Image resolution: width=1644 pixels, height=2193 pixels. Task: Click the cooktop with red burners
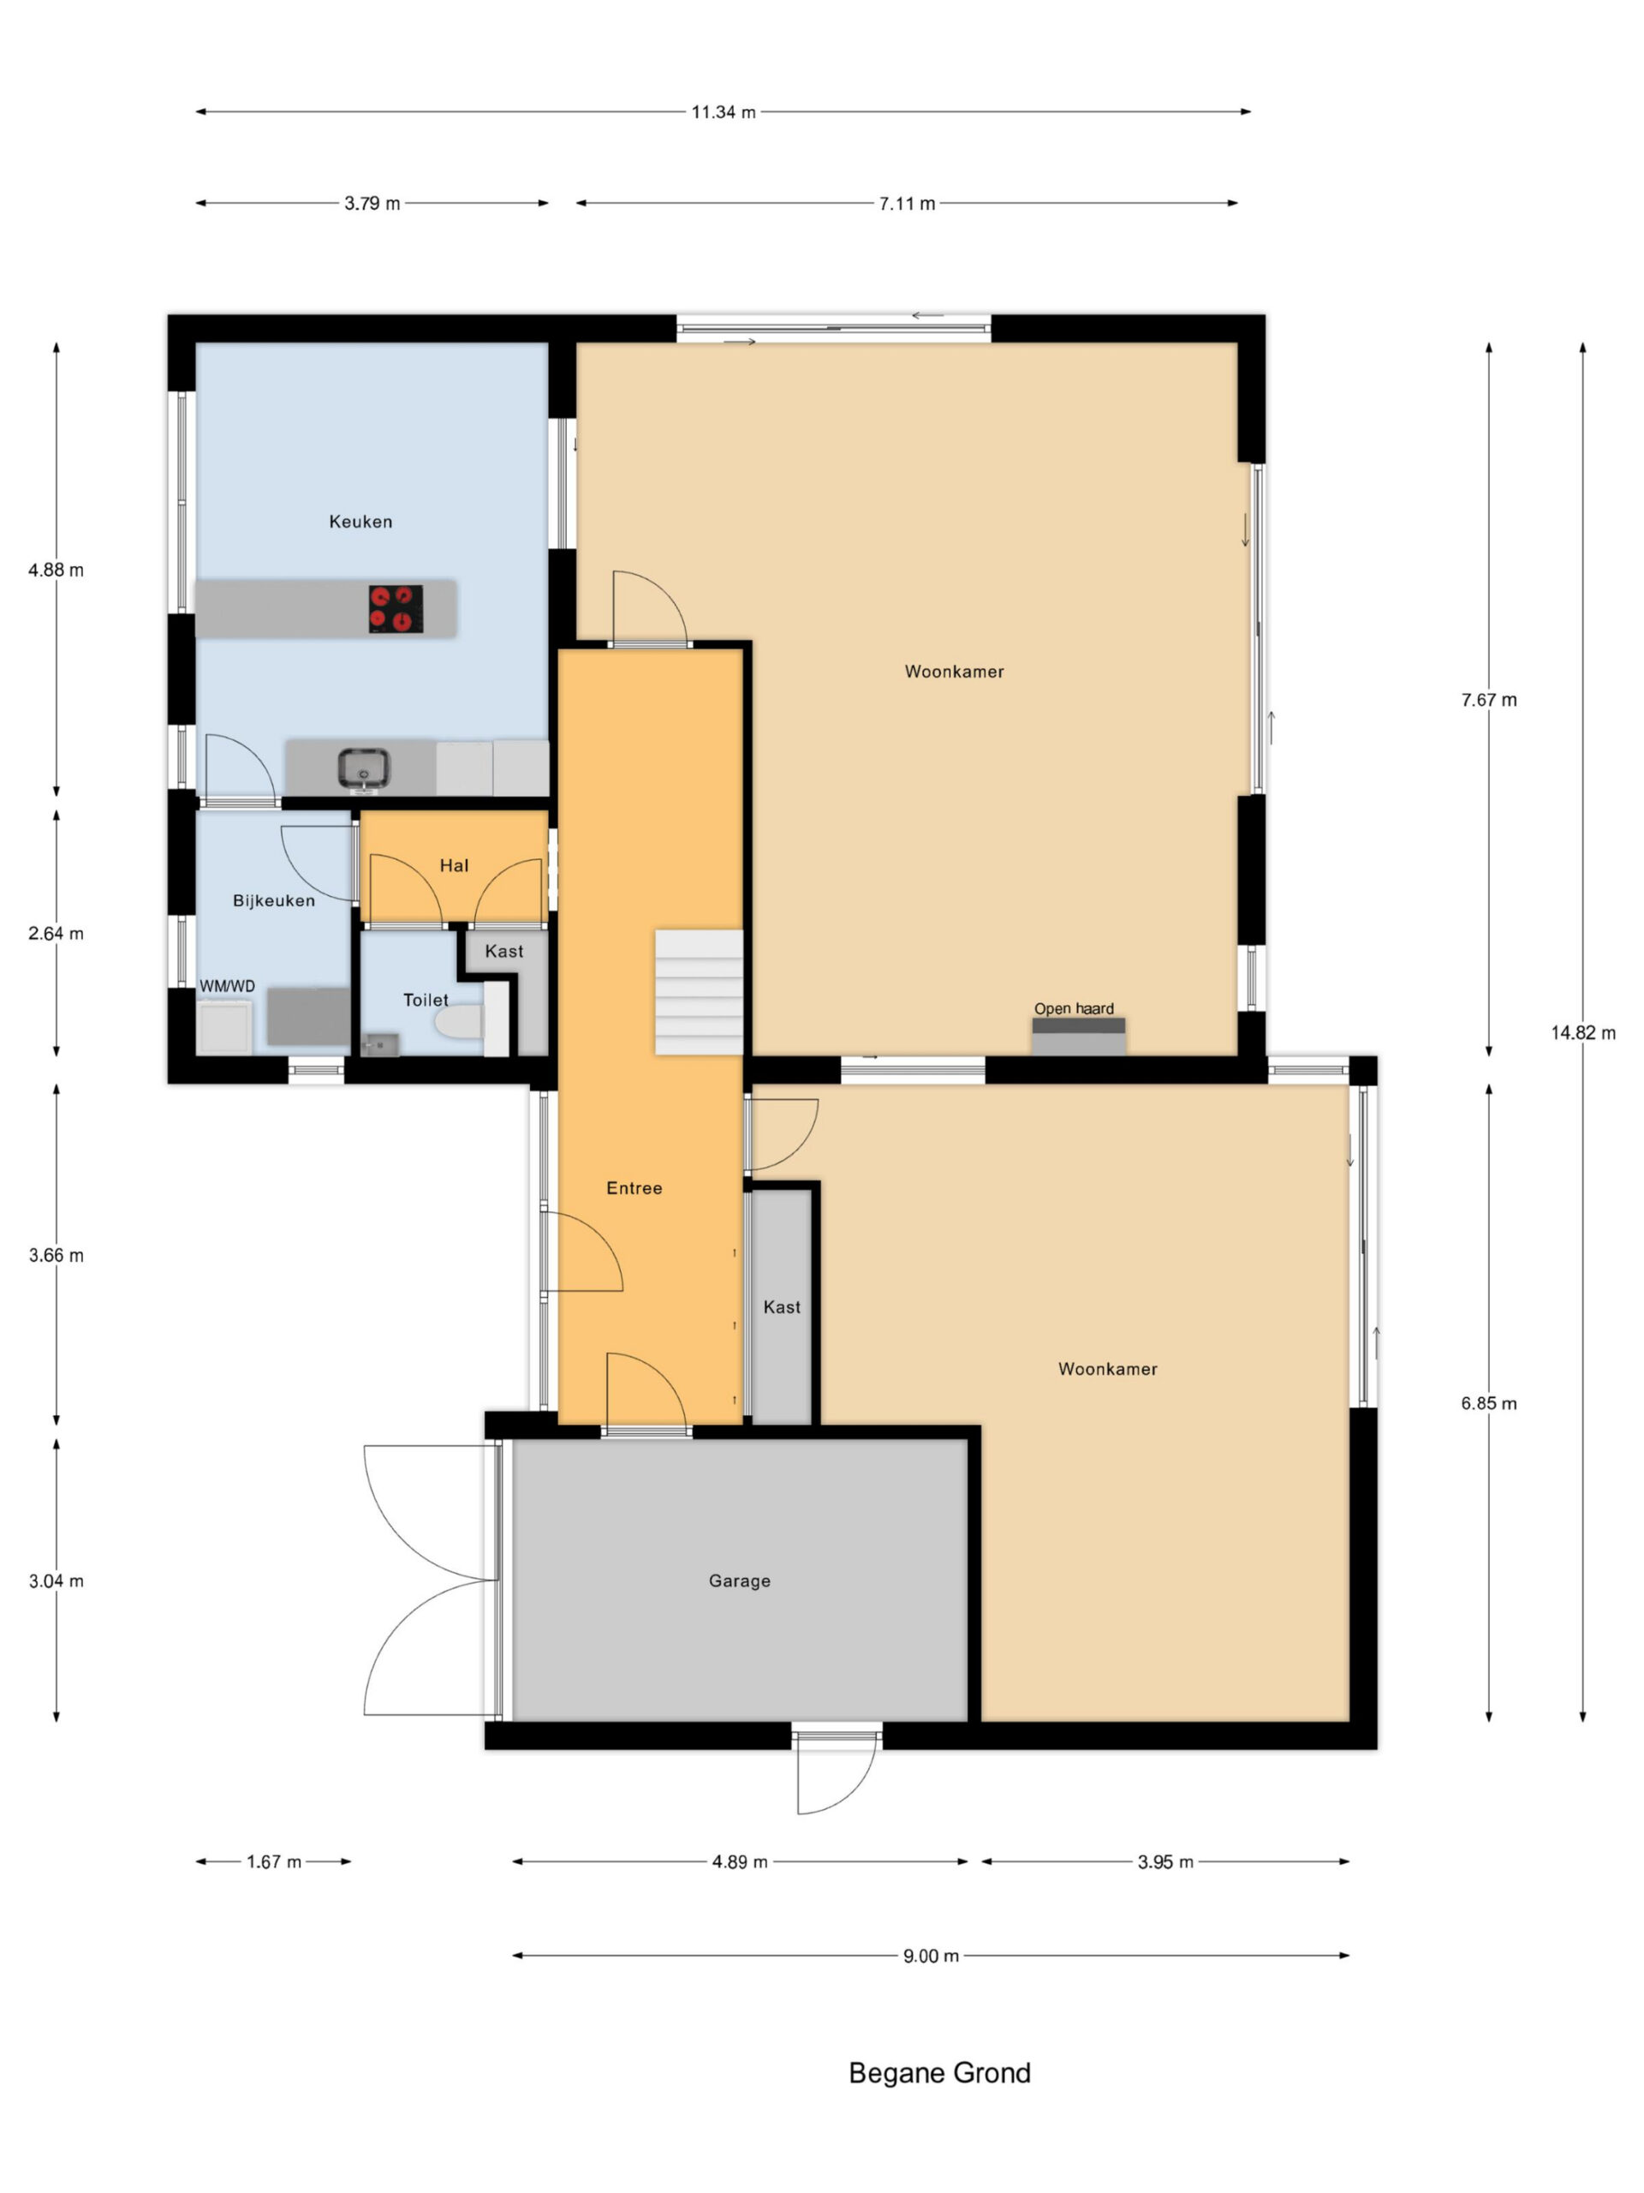click(x=396, y=609)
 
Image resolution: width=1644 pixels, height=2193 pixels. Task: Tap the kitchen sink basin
click(x=364, y=768)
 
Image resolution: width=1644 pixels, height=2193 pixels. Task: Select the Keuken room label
click(x=360, y=522)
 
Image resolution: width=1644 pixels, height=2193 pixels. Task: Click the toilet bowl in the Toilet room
click(x=459, y=1021)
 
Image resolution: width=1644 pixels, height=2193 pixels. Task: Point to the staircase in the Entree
click(x=699, y=991)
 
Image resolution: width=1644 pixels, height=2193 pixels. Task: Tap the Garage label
click(x=739, y=1581)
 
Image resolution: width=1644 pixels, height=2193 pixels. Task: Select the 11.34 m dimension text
click(x=724, y=112)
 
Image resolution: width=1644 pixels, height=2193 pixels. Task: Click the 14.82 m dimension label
click(x=1582, y=1033)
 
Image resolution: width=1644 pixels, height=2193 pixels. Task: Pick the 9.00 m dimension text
click(x=931, y=1956)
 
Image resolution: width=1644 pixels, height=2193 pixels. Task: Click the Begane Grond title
click(x=939, y=2072)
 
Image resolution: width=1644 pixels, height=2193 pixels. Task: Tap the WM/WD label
click(x=227, y=987)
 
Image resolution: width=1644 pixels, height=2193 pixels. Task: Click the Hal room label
click(x=454, y=865)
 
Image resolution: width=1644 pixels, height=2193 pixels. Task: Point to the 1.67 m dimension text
click(x=273, y=1861)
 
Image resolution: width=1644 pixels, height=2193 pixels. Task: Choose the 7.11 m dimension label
click(x=907, y=203)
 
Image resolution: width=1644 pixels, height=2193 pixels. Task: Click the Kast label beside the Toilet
click(x=503, y=952)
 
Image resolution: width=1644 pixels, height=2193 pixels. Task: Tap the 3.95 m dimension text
click(x=1165, y=1861)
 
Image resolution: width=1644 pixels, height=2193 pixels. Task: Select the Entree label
click(x=634, y=1187)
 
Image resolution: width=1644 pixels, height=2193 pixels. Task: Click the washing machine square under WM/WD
click(x=225, y=1026)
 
